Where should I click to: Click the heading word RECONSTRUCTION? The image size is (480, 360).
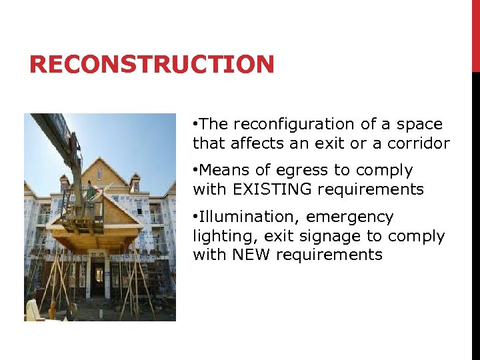(152, 65)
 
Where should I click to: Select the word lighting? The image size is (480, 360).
(217, 236)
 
